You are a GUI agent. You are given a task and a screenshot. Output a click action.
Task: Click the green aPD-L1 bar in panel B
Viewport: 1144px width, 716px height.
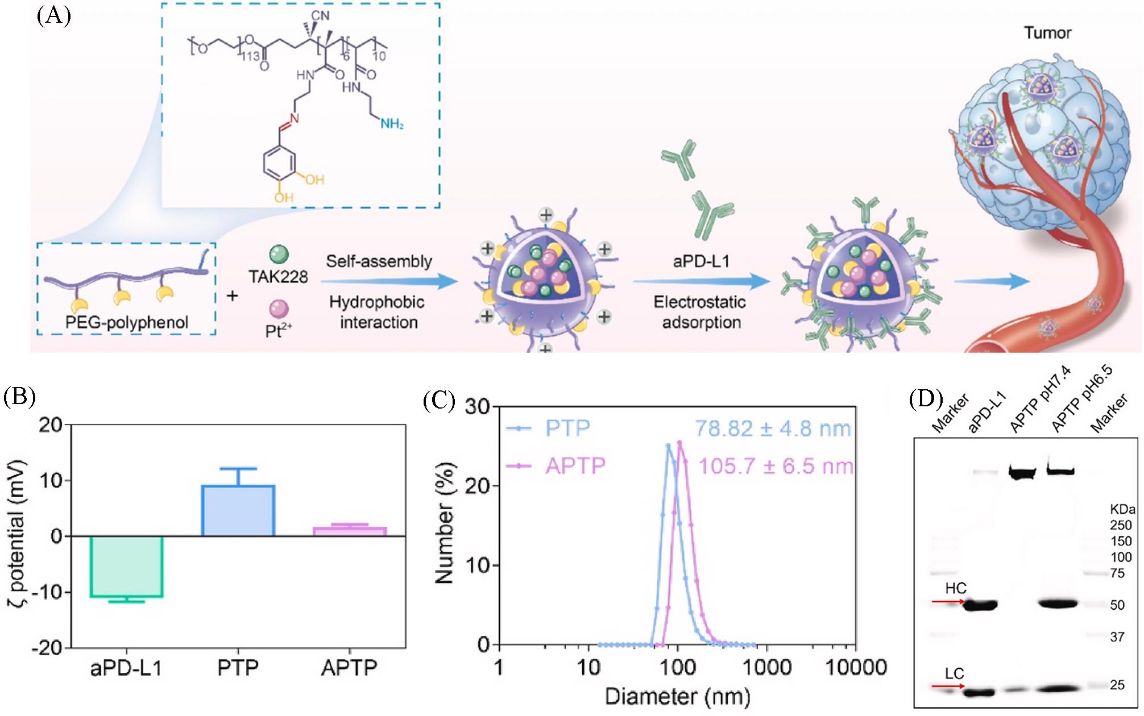[126, 566]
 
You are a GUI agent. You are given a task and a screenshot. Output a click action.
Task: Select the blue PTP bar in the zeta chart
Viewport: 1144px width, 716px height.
[238, 510]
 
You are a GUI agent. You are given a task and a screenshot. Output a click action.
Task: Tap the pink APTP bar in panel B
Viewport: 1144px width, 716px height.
[350, 531]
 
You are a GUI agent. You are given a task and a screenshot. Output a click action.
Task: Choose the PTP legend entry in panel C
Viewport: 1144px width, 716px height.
[567, 428]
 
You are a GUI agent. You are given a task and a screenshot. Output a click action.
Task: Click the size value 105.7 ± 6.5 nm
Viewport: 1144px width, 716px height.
[776, 467]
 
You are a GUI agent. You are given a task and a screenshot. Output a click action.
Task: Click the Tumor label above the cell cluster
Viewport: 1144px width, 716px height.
[1047, 33]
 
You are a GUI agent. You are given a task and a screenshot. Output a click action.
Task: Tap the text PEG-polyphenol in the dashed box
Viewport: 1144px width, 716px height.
[126, 322]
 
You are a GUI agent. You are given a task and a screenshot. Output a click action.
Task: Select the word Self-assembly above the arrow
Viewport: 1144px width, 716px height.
[379, 261]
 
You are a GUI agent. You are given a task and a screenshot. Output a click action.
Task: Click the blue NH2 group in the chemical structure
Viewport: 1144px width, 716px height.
[392, 123]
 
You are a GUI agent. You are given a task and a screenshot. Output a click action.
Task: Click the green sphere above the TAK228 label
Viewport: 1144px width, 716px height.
[278, 254]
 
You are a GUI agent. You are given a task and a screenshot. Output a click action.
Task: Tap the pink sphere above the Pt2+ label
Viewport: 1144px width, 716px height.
[278, 309]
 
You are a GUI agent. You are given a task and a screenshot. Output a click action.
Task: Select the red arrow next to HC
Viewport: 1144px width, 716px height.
[948, 601]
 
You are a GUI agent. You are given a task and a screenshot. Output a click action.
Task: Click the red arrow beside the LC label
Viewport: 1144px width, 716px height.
[948, 686]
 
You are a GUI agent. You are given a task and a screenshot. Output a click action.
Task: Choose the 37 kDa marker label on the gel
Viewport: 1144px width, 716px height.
[1117, 637]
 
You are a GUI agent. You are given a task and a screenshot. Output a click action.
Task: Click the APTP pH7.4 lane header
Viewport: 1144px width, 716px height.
[1040, 407]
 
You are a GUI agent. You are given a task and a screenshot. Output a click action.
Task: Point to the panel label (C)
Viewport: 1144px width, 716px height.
[439, 401]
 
